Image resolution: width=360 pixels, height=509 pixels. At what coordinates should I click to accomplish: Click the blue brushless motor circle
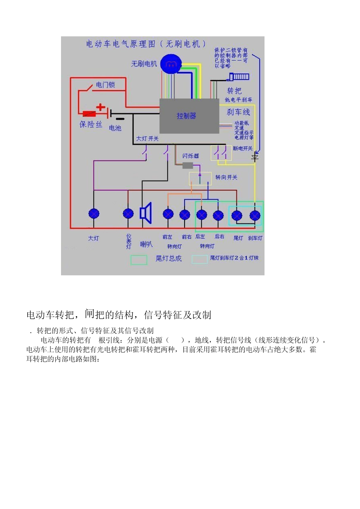coord(171,64)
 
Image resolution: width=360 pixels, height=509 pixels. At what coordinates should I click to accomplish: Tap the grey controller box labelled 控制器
coord(189,116)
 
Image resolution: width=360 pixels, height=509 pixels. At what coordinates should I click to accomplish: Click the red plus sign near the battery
coord(100,107)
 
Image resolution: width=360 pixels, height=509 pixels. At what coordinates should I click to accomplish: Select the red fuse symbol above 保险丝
coord(89,113)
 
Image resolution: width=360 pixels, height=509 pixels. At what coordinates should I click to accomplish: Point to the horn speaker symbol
coord(146,213)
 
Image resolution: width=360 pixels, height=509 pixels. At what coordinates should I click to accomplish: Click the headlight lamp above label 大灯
coord(94,214)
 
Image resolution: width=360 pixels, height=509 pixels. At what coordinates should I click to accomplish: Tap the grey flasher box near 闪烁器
coord(188,165)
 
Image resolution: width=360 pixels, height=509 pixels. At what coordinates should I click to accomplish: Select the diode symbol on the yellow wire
coord(255,156)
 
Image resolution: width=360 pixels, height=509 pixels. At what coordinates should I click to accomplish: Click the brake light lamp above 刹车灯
coord(255,216)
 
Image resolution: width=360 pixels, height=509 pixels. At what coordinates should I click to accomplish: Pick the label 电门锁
coord(105,85)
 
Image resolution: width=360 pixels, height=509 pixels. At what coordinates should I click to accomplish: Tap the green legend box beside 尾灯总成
coord(139,260)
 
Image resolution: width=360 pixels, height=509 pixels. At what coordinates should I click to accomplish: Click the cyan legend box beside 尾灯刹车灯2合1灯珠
coord(199,259)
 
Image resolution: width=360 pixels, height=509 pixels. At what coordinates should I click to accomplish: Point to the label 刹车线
coord(238,112)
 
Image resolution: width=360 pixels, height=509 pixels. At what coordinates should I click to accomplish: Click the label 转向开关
coord(226,177)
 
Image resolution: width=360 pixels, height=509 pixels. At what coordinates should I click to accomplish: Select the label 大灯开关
coord(147,139)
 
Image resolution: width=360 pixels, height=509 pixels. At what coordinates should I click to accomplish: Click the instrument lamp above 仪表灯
coord(128,214)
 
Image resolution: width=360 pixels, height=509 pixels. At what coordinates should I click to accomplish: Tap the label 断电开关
coord(243,148)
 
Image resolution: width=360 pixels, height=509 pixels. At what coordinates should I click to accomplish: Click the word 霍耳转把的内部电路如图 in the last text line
coord(63,359)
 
